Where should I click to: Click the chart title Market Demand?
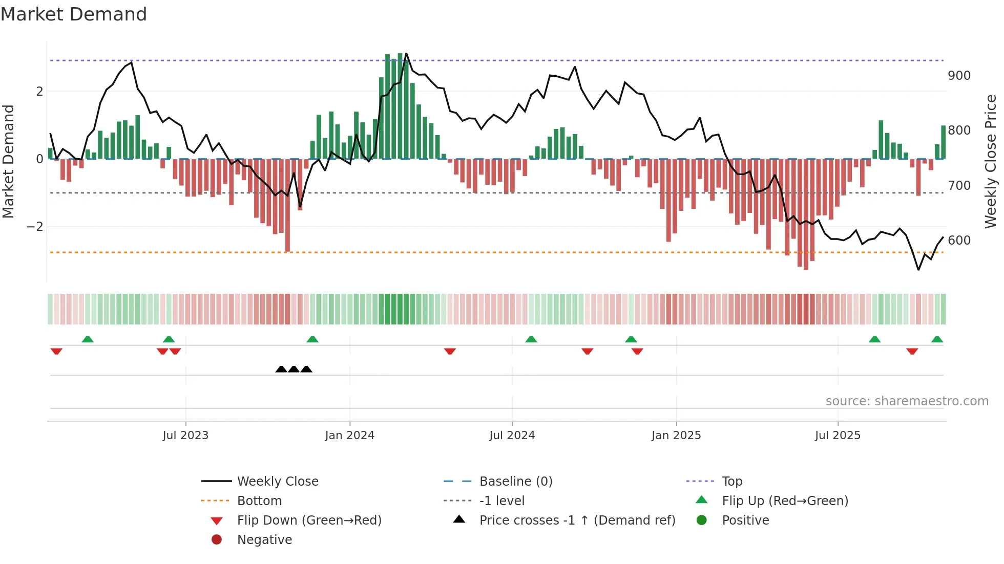[x=74, y=14]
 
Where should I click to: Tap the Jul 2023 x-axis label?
[x=185, y=436]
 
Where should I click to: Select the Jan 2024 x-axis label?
[x=349, y=436]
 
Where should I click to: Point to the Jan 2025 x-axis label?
[x=676, y=436]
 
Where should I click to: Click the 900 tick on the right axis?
[x=959, y=76]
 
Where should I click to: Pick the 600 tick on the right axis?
[x=959, y=241]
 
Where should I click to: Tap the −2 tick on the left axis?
[x=35, y=227]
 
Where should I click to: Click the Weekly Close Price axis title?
[x=991, y=161]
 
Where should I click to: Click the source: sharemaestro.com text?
[x=907, y=401]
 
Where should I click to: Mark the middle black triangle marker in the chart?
[x=294, y=369]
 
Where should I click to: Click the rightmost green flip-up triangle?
[x=937, y=339]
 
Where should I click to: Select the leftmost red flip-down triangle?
[x=56, y=351]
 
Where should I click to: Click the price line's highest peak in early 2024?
[x=406, y=53]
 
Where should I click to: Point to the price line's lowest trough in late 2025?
[x=918, y=270]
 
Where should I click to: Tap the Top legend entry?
[x=731, y=482]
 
